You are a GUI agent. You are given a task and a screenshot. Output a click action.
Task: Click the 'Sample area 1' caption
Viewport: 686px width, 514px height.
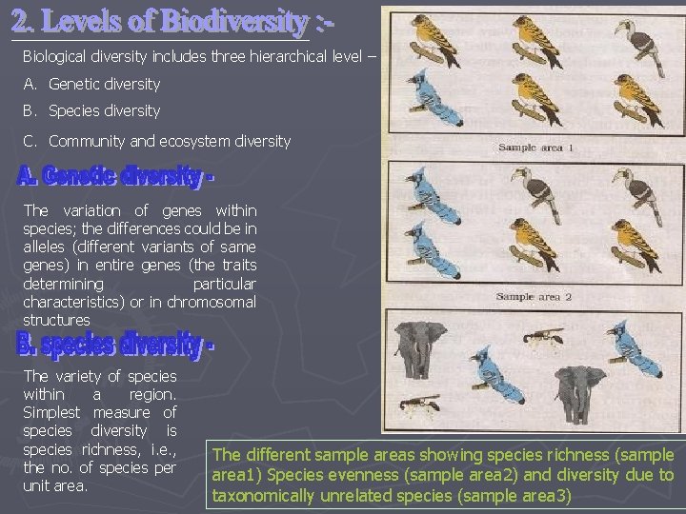(535, 148)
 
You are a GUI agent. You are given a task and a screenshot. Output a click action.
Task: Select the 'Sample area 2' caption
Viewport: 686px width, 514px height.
(534, 297)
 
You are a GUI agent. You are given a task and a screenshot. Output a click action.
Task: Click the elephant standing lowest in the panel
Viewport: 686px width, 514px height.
(579, 390)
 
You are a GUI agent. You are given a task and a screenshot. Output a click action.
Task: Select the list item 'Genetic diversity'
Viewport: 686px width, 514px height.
(104, 84)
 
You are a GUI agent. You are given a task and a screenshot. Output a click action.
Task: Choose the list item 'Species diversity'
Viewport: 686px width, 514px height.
(104, 110)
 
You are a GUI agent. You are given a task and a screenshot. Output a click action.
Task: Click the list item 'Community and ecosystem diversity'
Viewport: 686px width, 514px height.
(169, 141)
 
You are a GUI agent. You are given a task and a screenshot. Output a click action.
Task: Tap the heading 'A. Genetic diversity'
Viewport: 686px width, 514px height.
(114, 177)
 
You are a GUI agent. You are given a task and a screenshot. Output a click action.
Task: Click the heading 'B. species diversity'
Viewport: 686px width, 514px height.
(114, 345)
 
